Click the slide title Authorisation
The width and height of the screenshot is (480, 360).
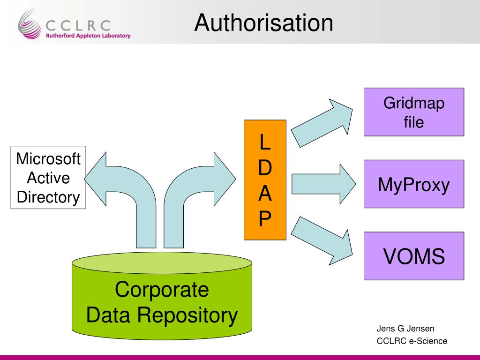coord(263,22)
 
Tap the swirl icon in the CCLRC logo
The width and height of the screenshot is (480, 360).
coord(30,24)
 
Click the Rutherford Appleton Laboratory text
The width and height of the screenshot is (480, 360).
coord(88,36)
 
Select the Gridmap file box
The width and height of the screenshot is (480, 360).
coord(414,112)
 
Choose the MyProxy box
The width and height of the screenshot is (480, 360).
coord(414,184)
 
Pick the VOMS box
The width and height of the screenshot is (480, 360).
coord(414,256)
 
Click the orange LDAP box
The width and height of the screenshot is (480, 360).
coord(265,180)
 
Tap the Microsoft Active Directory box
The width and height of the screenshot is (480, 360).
coord(48,178)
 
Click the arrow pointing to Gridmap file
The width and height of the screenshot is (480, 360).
coord(322,123)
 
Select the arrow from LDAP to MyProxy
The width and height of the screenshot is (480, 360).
coord(323,184)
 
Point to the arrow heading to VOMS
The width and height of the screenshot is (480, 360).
coord(322,241)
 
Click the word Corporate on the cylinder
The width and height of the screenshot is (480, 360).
coord(162,289)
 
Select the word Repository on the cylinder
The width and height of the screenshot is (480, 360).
coord(187,315)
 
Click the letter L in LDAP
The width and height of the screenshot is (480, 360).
coord(265,142)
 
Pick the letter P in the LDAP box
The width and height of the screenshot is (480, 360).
coord(265,218)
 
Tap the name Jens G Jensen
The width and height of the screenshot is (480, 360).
coord(405,329)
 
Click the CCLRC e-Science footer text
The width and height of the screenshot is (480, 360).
coord(412,341)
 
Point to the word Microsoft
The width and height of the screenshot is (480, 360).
coord(48,159)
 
